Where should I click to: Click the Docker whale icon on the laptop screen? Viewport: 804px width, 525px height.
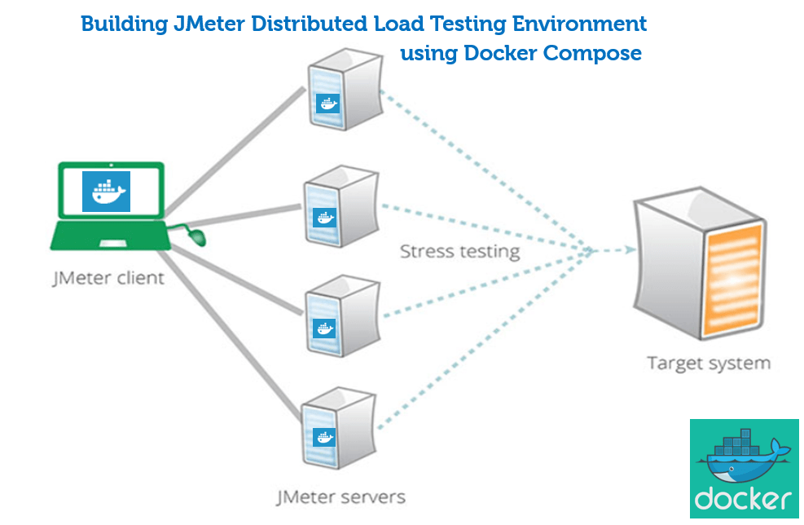(x=106, y=192)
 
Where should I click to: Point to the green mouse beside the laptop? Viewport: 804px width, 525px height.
(x=197, y=236)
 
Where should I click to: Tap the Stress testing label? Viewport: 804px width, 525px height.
(x=459, y=251)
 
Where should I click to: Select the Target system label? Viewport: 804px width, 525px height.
(x=708, y=363)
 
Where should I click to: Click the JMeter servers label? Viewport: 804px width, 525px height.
(x=340, y=496)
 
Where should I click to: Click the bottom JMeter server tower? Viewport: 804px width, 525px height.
(x=336, y=424)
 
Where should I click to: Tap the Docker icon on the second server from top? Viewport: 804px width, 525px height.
(x=324, y=218)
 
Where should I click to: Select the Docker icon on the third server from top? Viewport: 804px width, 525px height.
(x=324, y=328)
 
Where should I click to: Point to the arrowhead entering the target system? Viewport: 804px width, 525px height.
(x=627, y=251)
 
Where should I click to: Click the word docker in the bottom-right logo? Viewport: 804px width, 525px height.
(x=743, y=497)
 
